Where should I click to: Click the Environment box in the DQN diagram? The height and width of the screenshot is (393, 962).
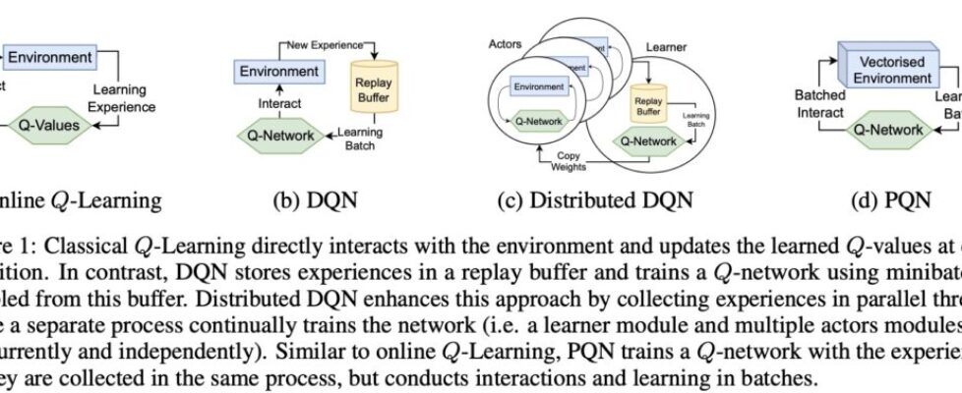point(279,72)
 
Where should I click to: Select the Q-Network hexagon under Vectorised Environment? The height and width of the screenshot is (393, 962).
point(887,129)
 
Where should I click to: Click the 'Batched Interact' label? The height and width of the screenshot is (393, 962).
point(819,103)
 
